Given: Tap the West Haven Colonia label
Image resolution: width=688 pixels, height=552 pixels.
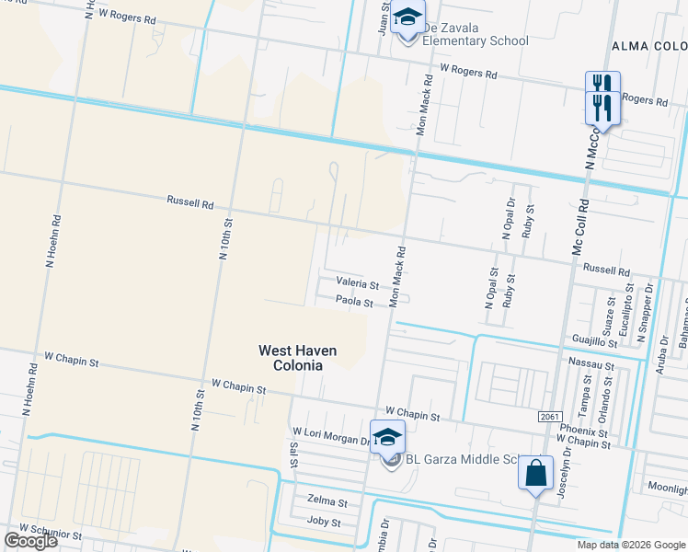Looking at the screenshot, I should [297, 358].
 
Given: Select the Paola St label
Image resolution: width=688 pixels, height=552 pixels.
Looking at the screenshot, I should [354, 301].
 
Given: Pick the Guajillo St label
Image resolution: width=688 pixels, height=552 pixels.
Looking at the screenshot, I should [593, 341].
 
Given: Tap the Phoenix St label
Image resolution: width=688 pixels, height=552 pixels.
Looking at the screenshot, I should [576, 430].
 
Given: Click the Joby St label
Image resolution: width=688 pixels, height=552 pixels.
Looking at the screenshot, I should [323, 522].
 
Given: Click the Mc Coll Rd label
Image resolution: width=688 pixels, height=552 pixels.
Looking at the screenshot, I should [579, 224].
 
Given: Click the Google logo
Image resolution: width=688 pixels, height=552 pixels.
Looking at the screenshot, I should [30, 541].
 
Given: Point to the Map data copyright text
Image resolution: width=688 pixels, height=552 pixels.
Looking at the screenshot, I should [631, 545].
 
